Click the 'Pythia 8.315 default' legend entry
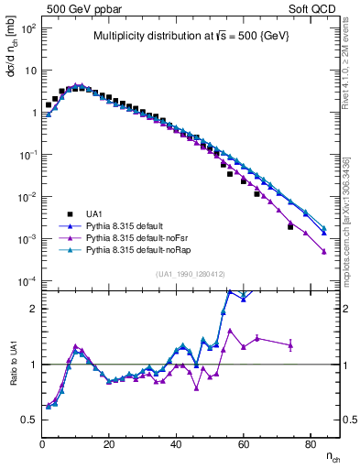pyautogui.click(x=132, y=224)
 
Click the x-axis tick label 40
pyautogui.click(x=176, y=444)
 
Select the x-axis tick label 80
pyautogui.click(x=310, y=444)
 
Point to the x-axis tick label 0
pyautogui.click(x=42, y=444)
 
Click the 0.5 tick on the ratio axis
pyautogui.click(x=29, y=420)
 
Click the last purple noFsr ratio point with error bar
pyautogui.click(x=290, y=344)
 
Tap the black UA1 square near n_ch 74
pyautogui.click(x=290, y=226)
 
